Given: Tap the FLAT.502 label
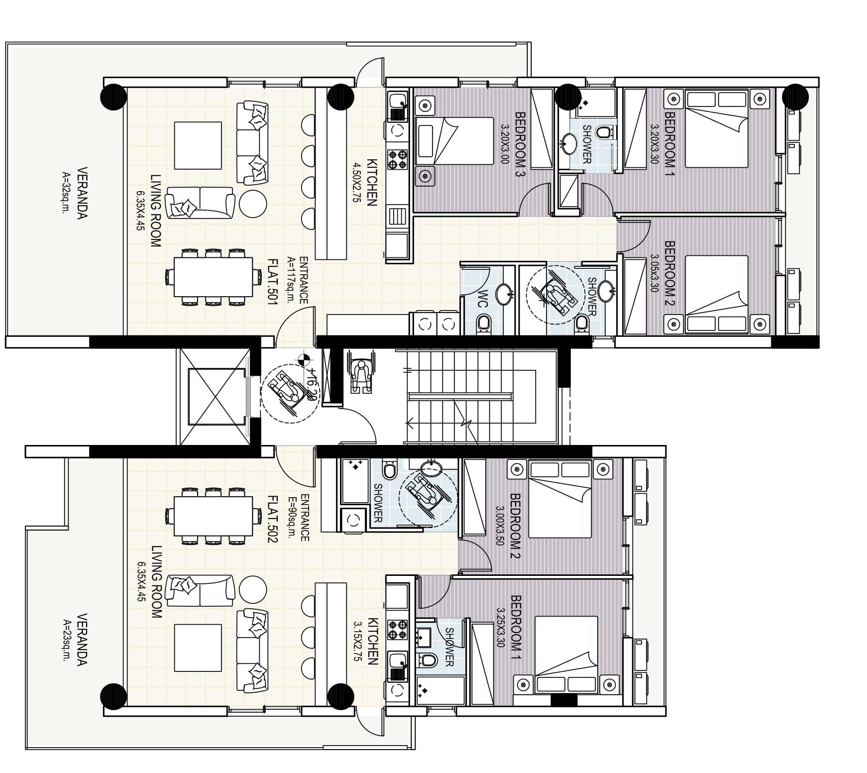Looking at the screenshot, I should coord(272,518).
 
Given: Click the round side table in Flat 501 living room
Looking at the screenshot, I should coord(253,203).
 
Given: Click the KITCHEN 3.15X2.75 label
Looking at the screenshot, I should coord(366,641).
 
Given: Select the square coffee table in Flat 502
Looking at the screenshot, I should coord(198,648).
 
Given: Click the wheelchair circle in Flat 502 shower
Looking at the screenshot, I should coord(428,496).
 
